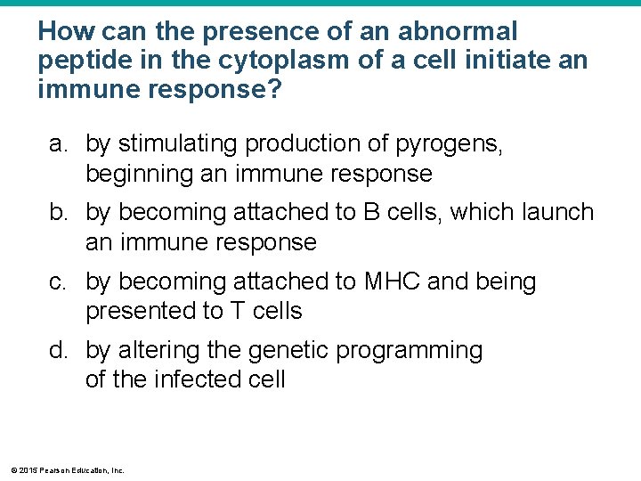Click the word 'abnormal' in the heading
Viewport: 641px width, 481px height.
pyautogui.click(x=457, y=32)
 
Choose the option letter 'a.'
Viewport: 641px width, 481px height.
pyautogui.click(x=59, y=144)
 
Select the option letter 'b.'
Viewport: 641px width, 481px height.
pyautogui.click(x=59, y=213)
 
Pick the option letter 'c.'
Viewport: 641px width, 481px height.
pyautogui.click(x=59, y=282)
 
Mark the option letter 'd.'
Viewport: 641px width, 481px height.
pyautogui.click(x=59, y=351)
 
